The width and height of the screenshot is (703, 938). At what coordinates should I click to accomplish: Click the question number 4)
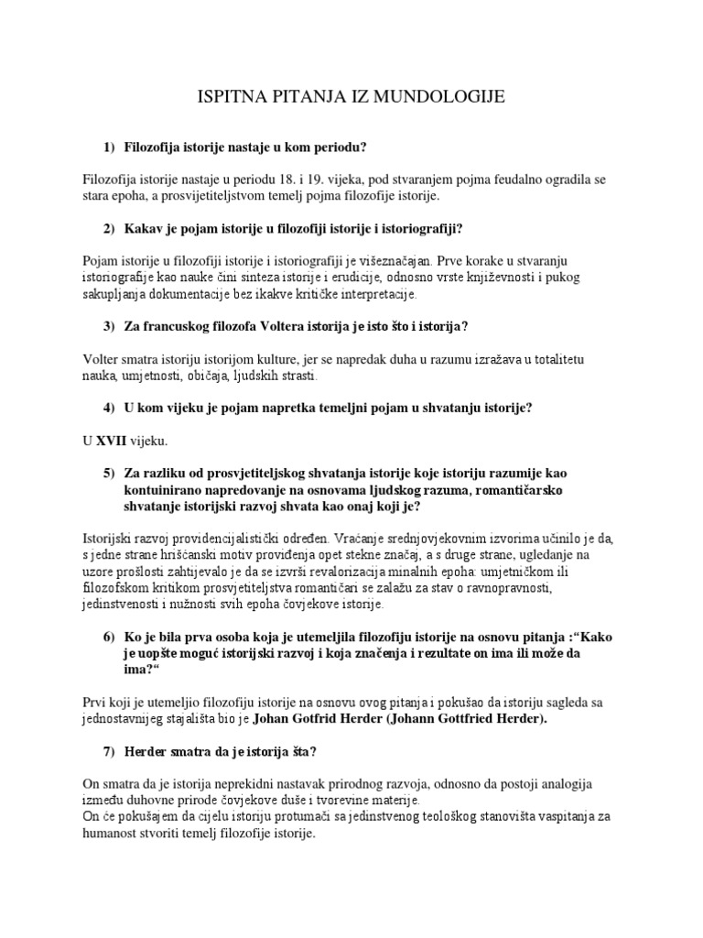(x=112, y=409)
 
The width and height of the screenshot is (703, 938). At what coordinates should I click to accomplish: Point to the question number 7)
(x=112, y=752)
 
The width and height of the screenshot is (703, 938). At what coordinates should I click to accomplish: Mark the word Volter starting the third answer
(x=101, y=360)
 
